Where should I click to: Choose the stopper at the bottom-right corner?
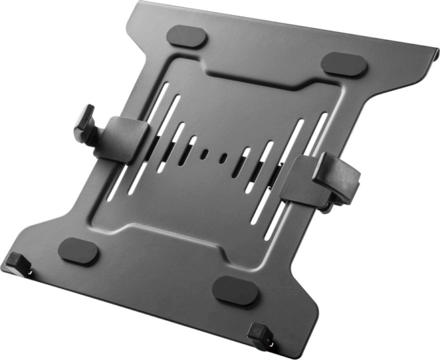260,333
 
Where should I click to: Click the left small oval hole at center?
204,154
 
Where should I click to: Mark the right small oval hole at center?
225,158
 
